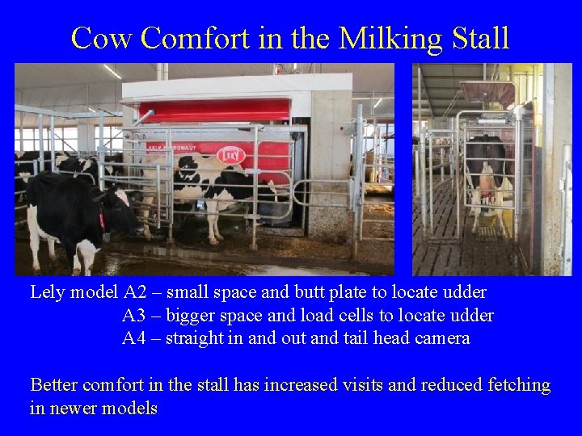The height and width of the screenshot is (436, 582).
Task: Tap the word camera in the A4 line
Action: (x=441, y=338)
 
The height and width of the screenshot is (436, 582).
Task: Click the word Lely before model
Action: (x=48, y=291)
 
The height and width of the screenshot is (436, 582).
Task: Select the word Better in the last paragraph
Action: (x=55, y=385)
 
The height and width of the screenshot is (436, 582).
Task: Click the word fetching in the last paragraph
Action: (x=517, y=385)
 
